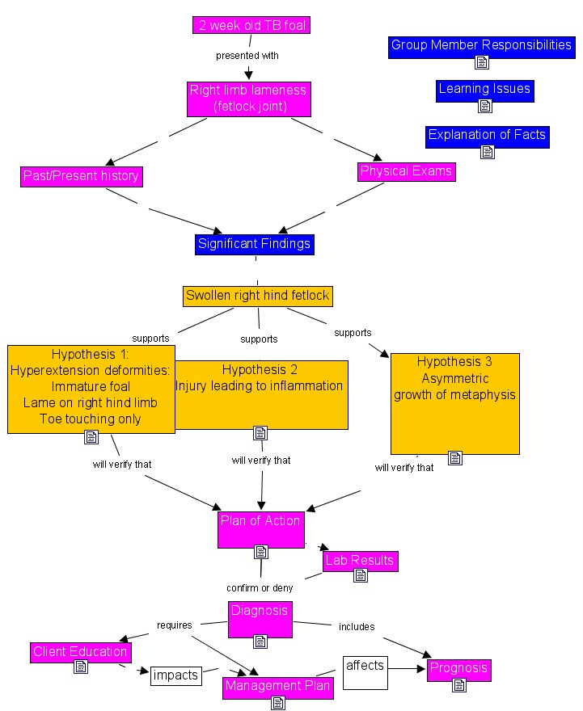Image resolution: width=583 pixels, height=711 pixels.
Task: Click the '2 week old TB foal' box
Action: pos(251,25)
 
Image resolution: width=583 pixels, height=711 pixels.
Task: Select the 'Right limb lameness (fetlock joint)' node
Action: pos(248,98)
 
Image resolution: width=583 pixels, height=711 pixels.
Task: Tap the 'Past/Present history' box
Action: pos(81,176)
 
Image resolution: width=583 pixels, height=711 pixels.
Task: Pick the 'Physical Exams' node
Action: pos(406,171)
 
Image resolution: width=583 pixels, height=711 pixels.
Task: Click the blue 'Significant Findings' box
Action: pos(254,243)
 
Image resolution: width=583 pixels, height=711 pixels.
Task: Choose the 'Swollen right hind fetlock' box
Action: pos(258,296)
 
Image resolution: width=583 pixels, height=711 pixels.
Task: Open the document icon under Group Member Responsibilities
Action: pos(482,62)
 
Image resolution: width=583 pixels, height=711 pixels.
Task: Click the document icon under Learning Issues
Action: pos(485,106)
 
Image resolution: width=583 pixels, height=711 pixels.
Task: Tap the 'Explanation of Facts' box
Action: pos(487,135)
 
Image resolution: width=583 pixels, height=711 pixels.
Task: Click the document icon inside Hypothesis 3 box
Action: pos(455,458)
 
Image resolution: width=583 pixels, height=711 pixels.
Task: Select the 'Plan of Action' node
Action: pos(260,521)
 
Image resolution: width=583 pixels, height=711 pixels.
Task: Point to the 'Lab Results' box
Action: pos(360,560)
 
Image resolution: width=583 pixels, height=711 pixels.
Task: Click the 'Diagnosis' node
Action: pos(260,611)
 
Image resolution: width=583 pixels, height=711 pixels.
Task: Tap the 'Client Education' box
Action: pos(80,651)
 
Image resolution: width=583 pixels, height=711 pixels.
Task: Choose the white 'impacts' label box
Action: pos(175,675)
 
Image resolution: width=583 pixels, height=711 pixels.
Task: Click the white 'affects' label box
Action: pos(365,666)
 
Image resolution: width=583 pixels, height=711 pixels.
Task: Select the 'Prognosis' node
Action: pos(458,668)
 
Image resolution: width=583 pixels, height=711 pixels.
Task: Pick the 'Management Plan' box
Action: pos(278,687)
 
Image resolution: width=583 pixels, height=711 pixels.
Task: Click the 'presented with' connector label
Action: pos(247,56)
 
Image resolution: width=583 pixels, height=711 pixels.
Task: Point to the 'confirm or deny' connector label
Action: pos(260,588)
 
